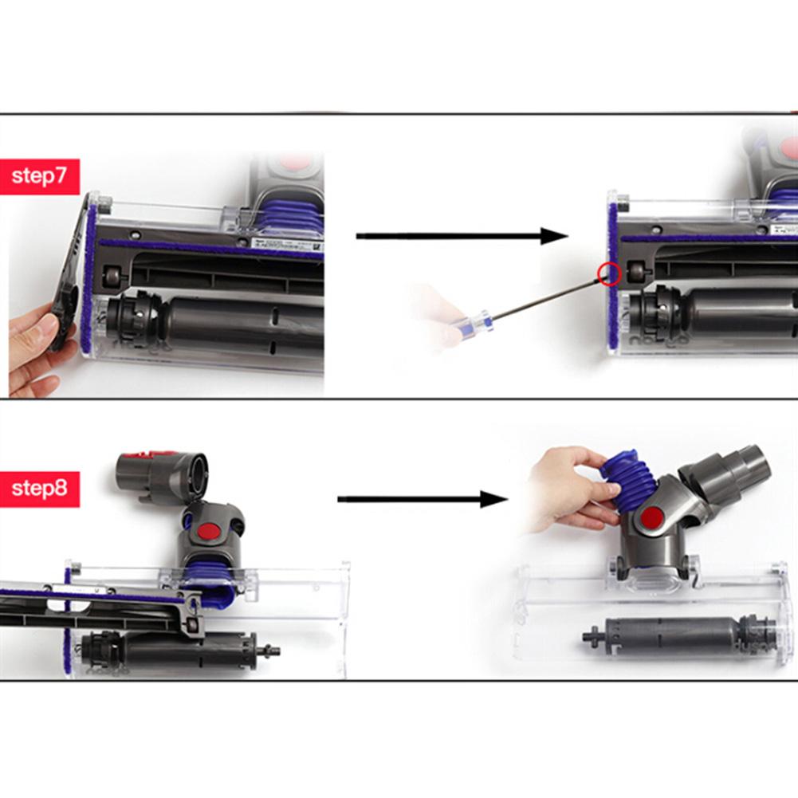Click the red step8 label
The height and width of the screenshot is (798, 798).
[40, 488]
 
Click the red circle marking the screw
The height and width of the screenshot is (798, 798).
[610, 273]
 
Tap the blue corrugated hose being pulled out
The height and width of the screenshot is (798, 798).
[629, 478]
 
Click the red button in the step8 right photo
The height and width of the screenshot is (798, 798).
[652, 517]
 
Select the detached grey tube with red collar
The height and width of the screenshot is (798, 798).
[159, 475]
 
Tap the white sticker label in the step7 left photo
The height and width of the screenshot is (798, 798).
[287, 243]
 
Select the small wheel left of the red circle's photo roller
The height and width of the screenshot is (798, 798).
[638, 271]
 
